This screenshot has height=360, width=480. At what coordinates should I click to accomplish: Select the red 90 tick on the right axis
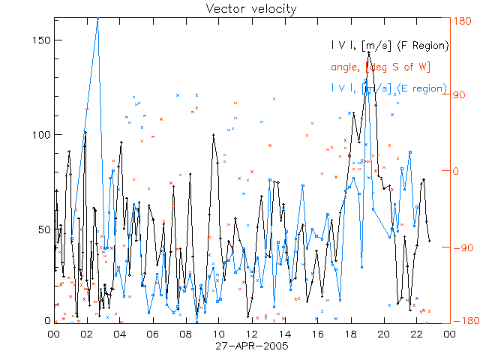click(459, 95)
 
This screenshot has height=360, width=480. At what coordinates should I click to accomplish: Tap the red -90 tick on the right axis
click(460, 247)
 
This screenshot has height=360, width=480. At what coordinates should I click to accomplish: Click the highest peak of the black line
click(368, 52)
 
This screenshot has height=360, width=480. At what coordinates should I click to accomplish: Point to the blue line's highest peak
click(97, 18)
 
